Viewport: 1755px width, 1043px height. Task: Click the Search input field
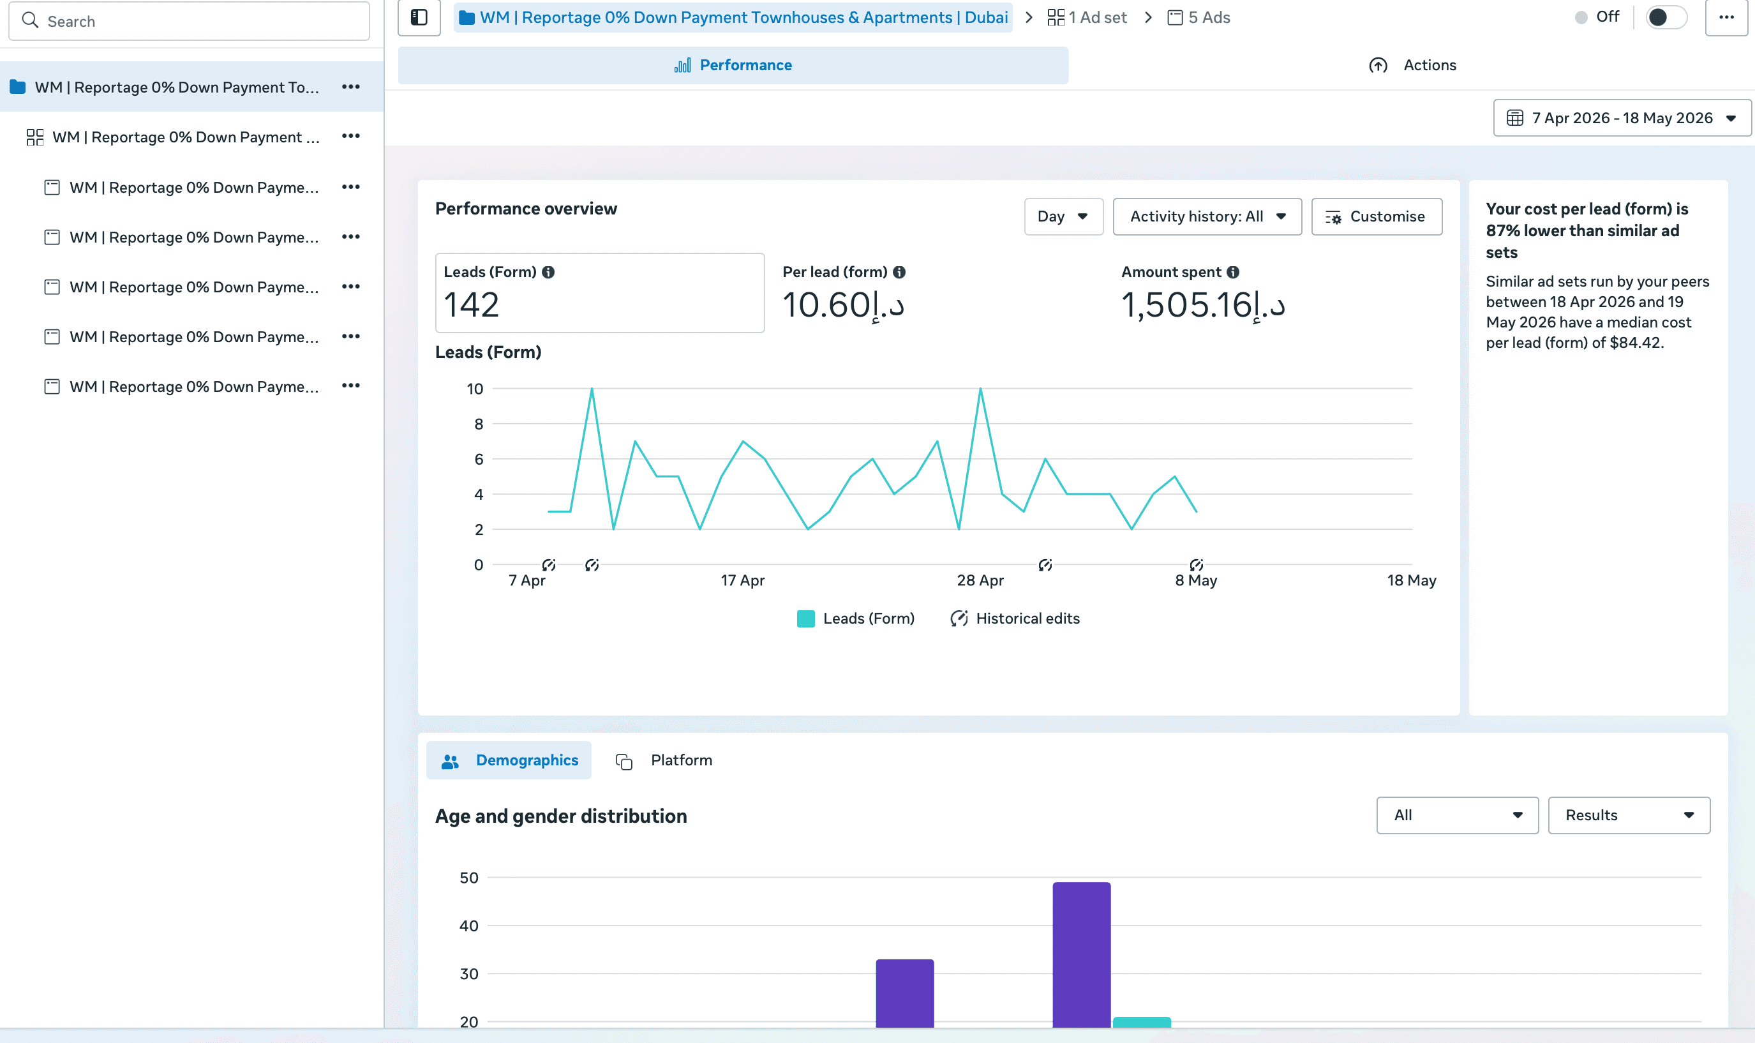pyautogui.click(x=189, y=21)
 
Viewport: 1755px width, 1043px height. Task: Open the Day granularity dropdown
pyautogui.click(x=1063, y=216)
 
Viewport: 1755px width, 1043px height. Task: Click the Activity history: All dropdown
pyautogui.click(x=1207, y=216)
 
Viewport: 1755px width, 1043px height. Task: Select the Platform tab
pyautogui.click(x=664, y=760)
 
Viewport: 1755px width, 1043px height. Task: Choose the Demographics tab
pyautogui.click(x=509, y=760)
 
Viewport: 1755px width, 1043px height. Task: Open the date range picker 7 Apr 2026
pyautogui.click(x=1622, y=118)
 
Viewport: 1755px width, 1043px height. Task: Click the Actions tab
pyautogui.click(x=1413, y=65)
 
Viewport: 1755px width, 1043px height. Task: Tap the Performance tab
pyautogui.click(x=733, y=65)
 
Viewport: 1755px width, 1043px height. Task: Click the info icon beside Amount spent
pyautogui.click(x=1233, y=272)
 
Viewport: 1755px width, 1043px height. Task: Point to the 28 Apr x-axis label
pyautogui.click(x=980, y=580)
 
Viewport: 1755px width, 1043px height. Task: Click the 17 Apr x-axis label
pyautogui.click(x=743, y=580)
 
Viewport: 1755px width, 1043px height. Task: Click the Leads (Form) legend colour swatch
pyautogui.click(x=806, y=619)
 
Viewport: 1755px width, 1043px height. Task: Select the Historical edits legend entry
pyautogui.click(x=1015, y=619)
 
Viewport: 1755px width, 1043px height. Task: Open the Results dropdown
pyautogui.click(x=1629, y=815)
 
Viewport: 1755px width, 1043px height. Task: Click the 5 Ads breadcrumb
pyautogui.click(x=1199, y=18)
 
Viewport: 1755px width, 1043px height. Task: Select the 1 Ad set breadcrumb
pyautogui.click(x=1087, y=18)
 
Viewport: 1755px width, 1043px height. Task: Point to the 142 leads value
pyautogui.click(x=472, y=305)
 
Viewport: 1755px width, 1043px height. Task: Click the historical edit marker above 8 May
pyautogui.click(x=1197, y=565)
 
